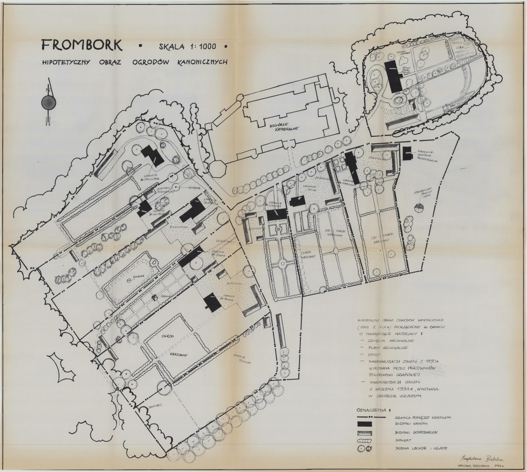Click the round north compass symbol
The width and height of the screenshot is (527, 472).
[x=47, y=103]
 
